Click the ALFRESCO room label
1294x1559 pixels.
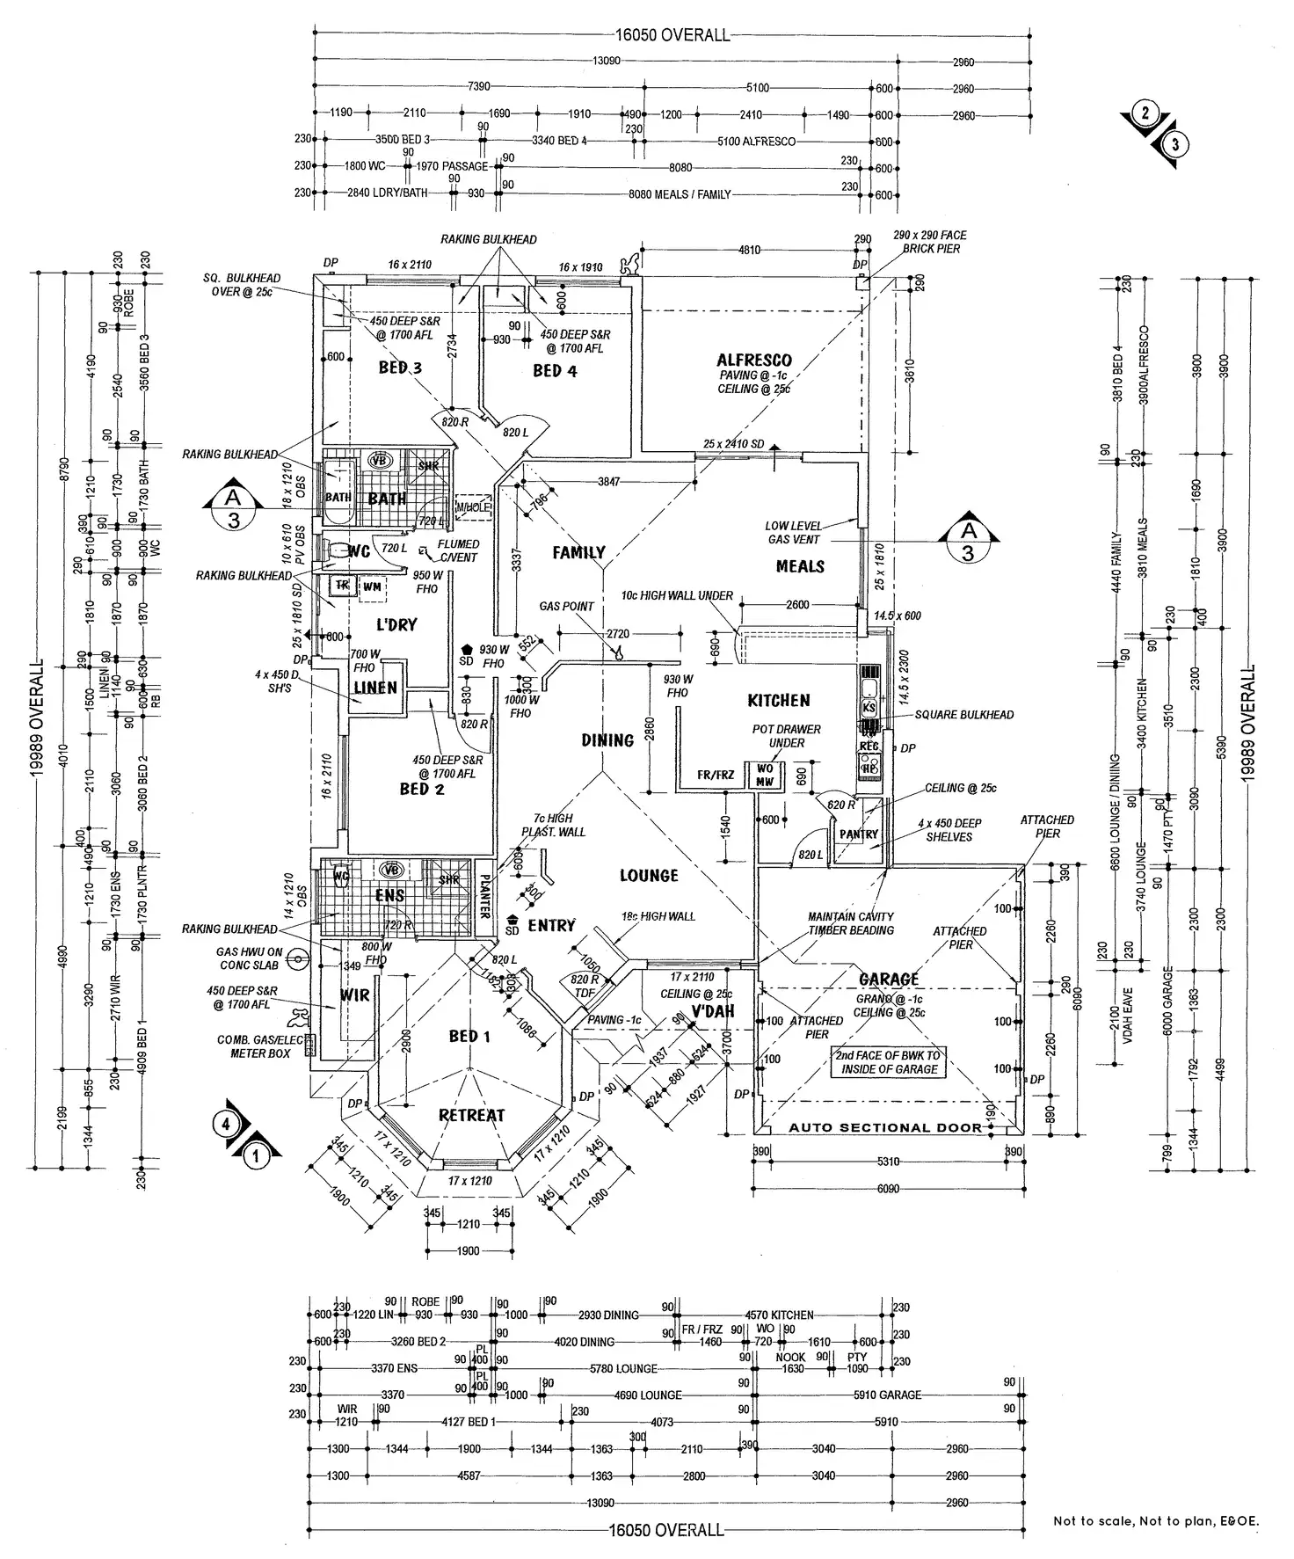click(753, 360)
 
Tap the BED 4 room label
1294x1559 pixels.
click(555, 371)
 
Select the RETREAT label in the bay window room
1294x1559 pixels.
click(472, 1115)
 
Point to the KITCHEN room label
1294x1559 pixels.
click(778, 701)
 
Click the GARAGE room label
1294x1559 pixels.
click(889, 979)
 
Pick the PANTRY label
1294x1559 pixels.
click(858, 834)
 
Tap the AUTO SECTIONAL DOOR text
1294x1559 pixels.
click(885, 1127)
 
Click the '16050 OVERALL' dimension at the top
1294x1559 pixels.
click(672, 35)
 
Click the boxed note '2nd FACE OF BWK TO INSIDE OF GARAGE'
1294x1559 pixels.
click(890, 1062)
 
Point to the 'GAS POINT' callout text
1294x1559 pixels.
click(566, 607)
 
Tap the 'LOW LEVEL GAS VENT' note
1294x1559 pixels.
click(793, 533)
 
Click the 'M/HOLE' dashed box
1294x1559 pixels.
click(473, 507)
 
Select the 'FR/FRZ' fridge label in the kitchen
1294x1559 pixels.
click(715, 775)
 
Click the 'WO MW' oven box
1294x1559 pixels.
click(765, 776)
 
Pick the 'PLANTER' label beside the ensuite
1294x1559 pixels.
click(483, 895)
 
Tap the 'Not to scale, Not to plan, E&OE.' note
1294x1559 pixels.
click(1155, 1520)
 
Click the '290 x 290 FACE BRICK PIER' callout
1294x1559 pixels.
click(929, 242)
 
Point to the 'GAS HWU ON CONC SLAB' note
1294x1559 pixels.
click(250, 958)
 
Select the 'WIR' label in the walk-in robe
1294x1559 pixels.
click(355, 996)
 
